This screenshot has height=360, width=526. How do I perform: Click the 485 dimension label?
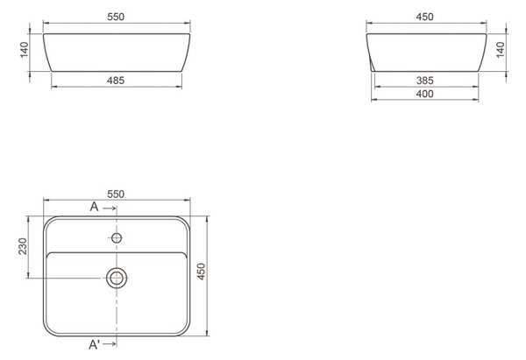coord(116,81)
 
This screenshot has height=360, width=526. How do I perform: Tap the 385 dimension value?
coord(424,81)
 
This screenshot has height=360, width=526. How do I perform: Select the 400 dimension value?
coord(424,94)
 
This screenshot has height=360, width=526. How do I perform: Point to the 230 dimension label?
coord(23,246)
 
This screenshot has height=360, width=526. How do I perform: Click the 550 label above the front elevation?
coord(116,17)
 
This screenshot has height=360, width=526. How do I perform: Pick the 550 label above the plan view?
coord(116,194)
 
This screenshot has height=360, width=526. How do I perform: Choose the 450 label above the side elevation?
coord(424,17)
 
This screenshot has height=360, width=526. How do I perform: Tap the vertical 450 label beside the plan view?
coord(201,272)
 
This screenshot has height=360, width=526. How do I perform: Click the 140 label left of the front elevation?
coord(25,50)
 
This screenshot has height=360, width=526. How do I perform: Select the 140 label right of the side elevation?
coord(501,50)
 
